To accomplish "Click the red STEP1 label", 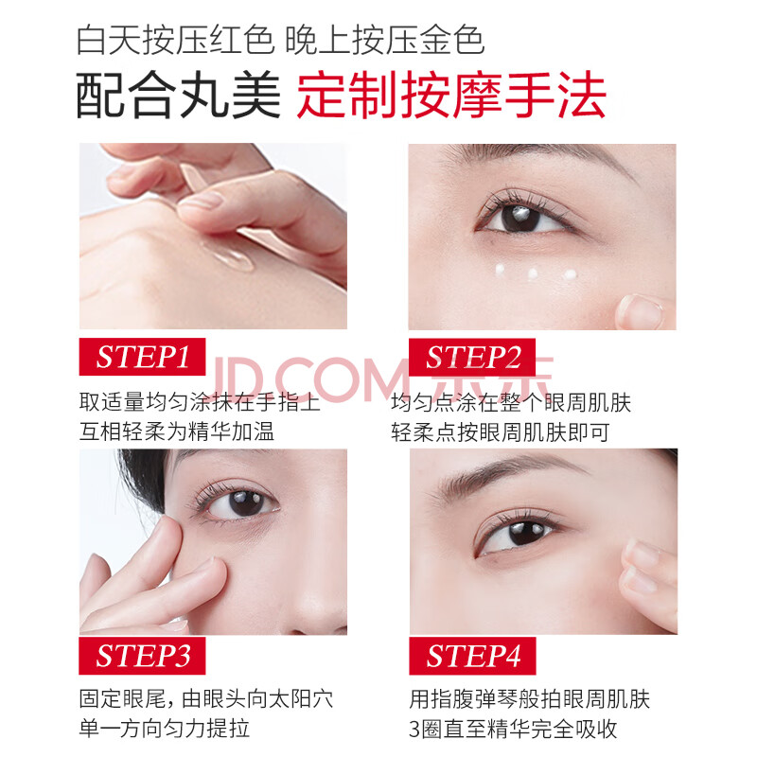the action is pos(143,357).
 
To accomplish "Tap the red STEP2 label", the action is pos(472,358).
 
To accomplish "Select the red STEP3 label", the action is pos(143,656).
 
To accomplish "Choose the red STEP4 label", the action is pos(472,656).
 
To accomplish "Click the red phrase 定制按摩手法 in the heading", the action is pos(451,96).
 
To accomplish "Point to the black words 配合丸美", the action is pos(179,96).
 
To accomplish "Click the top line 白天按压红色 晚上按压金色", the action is pos(280,40).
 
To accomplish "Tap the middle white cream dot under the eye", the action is pos(533,273).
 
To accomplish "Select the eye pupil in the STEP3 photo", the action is pos(246,503).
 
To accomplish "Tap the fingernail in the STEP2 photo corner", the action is pos(641,312).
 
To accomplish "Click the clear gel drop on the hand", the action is pos(228,254).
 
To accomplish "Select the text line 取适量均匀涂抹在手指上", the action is pos(200,402).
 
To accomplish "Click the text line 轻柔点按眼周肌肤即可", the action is pos(501,432).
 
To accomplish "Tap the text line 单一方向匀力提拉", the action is pos(165,729).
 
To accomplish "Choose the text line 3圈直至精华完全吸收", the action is pos(513,729).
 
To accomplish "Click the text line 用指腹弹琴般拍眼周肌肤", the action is pos(530,699).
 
